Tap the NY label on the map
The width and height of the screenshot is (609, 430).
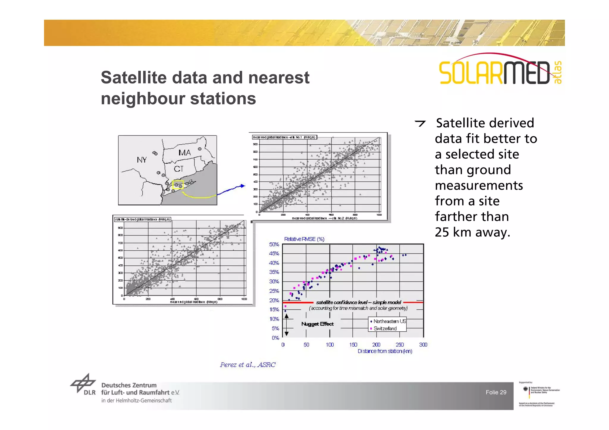click(142, 160)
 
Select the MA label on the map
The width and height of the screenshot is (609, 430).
click(185, 153)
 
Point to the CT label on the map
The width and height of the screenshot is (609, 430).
click(179, 169)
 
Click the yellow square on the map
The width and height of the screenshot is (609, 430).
click(178, 185)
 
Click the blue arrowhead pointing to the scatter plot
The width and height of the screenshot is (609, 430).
click(243, 186)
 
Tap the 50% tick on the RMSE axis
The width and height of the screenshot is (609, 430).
click(274, 244)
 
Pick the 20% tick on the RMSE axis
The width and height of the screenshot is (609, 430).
click(274, 300)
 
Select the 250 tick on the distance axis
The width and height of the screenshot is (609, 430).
click(400, 344)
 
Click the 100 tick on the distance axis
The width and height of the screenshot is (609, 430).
click(330, 344)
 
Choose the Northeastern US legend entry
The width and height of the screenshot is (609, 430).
click(388, 321)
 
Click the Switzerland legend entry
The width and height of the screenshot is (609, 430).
click(384, 328)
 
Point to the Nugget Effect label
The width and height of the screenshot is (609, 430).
click(317, 324)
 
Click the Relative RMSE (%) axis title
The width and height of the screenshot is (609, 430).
click(304, 239)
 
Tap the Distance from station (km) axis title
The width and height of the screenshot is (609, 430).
click(385, 351)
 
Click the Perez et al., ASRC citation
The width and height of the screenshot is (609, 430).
click(248, 365)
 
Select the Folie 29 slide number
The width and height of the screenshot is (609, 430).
click(496, 392)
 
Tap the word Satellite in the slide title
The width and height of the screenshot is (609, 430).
click(134, 78)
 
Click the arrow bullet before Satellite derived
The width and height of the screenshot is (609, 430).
click(420, 123)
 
